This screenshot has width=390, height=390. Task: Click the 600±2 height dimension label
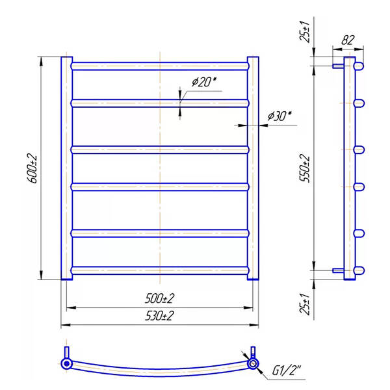pyautogui.click(x=32, y=168)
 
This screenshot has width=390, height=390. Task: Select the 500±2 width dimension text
pyautogui.click(x=160, y=298)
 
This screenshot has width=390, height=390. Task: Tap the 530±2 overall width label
pyautogui.click(x=159, y=316)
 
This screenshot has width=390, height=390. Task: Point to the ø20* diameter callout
pyautogui.click(x=204, y=82)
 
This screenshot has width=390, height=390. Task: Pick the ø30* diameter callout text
pyautogui.click(x=279, y=116)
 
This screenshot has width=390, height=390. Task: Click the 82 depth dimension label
pyautogui.click(x=348, y=40)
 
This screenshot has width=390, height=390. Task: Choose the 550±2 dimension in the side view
pyautogui.click(x=305, y=168)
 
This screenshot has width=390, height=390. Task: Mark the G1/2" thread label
pyautogui.click(x=287, y=370)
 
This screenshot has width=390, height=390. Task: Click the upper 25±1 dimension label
pyautogui.click(x=305, y=32)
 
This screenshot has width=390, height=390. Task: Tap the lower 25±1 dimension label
pyautogui.click(x=305, y=304)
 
